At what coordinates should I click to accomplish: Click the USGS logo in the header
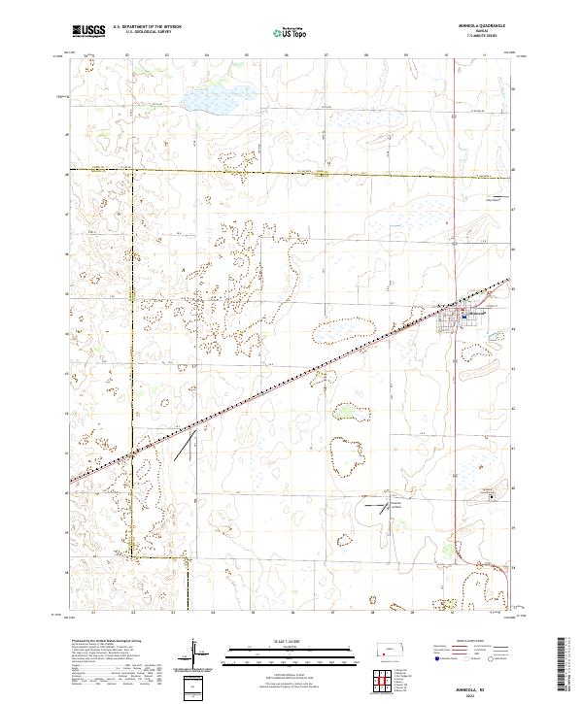click(89, 31)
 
